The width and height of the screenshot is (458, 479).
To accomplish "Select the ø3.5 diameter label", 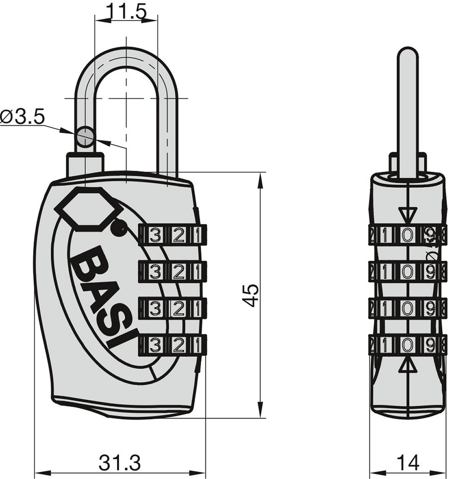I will tap(22, 118).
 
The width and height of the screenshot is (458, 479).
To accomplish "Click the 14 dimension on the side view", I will tap(408, 462).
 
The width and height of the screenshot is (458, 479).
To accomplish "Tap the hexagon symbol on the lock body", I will tap(89, 208).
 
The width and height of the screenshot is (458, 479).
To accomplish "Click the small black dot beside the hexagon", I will tap(118, 229).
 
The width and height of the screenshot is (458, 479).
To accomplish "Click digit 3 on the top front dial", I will tap(154, 235).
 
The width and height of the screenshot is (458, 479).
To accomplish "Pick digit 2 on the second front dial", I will tap(178, 271).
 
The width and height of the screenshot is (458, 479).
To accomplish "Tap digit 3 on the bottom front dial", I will tap(154, 345).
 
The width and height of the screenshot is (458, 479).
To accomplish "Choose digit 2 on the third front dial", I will tap(178, 308).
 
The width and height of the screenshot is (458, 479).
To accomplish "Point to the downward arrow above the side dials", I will tap(407, 214).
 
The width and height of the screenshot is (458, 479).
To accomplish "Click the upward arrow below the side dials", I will tap(407, 366).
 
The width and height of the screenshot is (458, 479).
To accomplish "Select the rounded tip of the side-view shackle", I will tap(407, 54).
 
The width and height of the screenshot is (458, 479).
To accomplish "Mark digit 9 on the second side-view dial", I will tap(430, 271).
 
